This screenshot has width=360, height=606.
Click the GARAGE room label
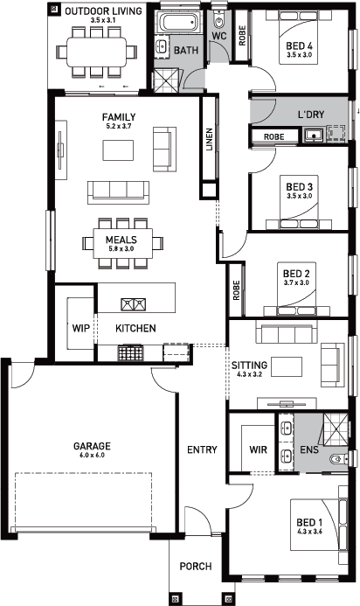[x=92, y=446]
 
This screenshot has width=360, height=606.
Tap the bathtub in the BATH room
[x=179, y=23]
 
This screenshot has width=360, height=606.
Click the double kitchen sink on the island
[x=134, y=304]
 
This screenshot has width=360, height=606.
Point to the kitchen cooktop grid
[x=130, y=353]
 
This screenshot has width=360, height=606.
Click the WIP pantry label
[x=80, y=329]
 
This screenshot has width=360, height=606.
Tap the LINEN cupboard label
[x=210, y=139]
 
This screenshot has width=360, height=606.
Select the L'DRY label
[x=311, y=115]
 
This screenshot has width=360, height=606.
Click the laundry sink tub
[x=313, y=136]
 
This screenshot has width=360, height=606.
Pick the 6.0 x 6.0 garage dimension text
[x=92, y=455]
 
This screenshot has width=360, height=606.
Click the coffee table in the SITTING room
[x=287, y=366]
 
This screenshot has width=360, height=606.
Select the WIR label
[x=258, y=449]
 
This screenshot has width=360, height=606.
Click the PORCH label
[x=196, y=566]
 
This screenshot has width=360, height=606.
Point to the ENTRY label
[x=202, y=449]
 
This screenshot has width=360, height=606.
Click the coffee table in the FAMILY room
[x=118, y=150]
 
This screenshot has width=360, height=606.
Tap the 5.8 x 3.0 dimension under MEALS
[x=121, y=248]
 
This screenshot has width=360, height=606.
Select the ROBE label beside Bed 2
[x=237, y=289]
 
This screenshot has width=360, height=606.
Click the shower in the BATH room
[x=167, y=80]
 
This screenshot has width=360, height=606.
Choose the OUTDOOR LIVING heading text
[x=103, y=10]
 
